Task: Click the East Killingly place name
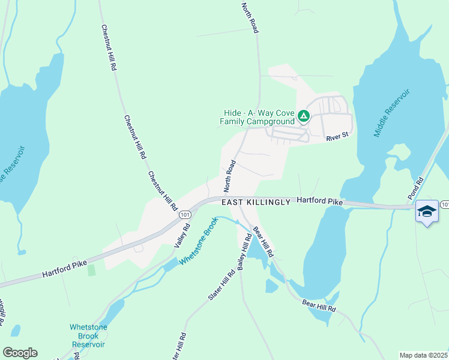[x=256, y=202]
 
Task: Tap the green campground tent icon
[x=304, y=116]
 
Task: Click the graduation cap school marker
[x=427, y=211]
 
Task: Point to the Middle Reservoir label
[x=392, y=113]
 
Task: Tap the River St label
[x=337, y=137]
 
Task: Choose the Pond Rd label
[x=416, y=188]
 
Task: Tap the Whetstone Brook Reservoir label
[x=88, y=335]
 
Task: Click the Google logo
[x=20, y=353]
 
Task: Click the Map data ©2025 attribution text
[x=424, y=355]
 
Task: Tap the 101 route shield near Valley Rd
[x=184, y=214]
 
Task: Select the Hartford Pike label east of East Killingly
[x=320, y=202]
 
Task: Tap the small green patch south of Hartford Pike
[x=91, y=270]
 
